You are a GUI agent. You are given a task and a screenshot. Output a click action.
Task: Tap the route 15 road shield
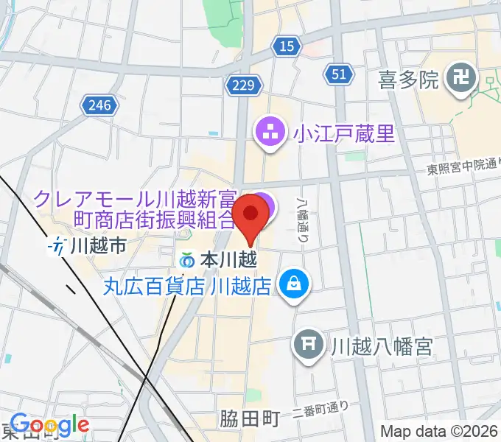286,47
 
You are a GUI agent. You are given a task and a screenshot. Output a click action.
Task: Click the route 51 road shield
337,74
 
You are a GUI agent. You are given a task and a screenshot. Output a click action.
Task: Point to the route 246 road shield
98,105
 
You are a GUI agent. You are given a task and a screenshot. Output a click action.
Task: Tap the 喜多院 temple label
407,78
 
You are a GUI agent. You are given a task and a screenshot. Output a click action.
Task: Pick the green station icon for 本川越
188,260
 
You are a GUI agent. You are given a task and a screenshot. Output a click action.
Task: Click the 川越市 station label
100,246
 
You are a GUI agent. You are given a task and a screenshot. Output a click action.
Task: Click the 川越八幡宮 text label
380,344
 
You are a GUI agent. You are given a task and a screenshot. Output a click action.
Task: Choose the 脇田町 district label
250,419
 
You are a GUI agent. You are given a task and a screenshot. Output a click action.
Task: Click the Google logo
49,424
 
